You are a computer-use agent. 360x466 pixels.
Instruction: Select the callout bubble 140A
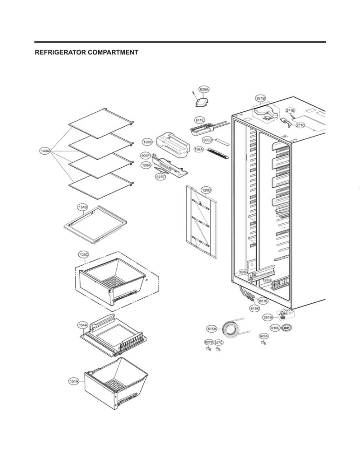[x=45, y=151]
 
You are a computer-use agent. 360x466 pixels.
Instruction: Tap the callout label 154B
[x=82, y=206]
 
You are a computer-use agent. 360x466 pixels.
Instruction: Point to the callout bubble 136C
[x=84, y=254]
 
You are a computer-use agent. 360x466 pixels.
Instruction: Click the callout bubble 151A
[x=74, y=381]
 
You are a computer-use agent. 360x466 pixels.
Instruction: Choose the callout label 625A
[x=204, y=89]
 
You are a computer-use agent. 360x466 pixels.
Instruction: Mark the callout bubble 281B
[x=260, y=98]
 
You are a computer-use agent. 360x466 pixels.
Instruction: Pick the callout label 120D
[x=206, y=190]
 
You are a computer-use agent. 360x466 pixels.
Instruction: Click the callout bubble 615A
[x=212, y=329]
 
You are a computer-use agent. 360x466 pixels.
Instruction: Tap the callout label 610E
[x=275, y=328]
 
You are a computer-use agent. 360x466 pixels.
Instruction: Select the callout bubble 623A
[x=264, y=336]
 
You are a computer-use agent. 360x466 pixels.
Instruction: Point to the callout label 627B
[x=209, y=343]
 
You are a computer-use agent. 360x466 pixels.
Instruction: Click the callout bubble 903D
[x=207, y=140]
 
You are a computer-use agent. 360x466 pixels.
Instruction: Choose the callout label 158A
[x=199, y=150]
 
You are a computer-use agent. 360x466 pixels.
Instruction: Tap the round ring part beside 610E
[x=287, y=328]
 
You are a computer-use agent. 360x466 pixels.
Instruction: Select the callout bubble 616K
[x=255, y=308]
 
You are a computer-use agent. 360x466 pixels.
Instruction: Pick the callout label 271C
[x=300, y=125]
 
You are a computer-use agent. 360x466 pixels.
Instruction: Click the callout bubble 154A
[x=82, y=325]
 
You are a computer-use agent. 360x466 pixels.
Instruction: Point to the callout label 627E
[x=161, y=177]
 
